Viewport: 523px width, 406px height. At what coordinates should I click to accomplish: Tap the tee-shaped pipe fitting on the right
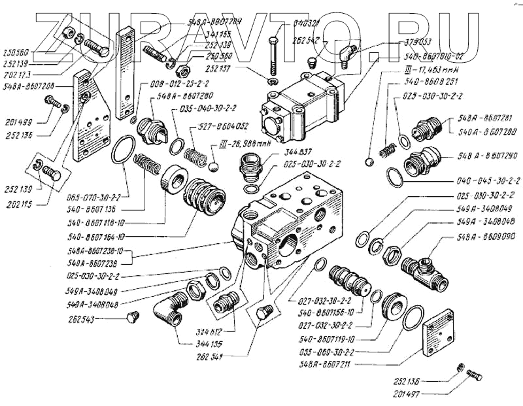[425, 268]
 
